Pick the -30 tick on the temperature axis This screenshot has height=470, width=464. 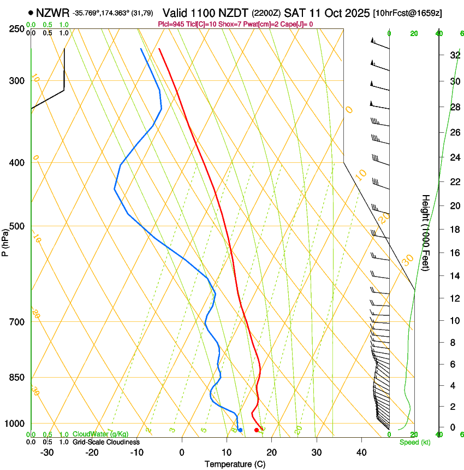[47, 453]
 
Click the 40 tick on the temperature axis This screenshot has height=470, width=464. [361, 453]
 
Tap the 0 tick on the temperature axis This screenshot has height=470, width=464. [182, 453]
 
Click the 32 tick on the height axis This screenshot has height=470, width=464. [454, 55]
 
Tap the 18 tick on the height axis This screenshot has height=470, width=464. [454, 229]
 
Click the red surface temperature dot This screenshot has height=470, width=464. [257, 430]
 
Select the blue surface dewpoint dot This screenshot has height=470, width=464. [240, 430]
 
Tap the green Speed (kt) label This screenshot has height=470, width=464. [414, 442]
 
